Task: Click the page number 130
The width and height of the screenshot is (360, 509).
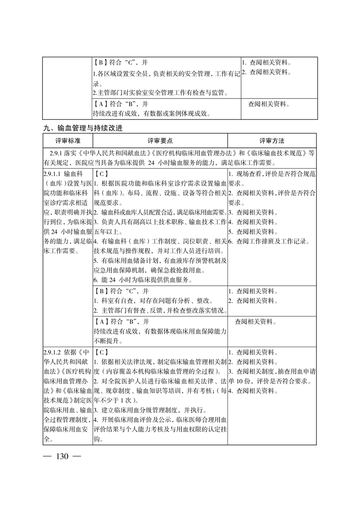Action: pos(62,456)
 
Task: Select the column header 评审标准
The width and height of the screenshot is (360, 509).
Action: pos(68,141)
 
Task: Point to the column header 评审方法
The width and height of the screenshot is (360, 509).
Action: pos(271,141)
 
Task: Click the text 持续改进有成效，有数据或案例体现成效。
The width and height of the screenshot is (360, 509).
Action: pos(152,113)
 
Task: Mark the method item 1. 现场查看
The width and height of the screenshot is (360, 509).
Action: pos(247,174)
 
